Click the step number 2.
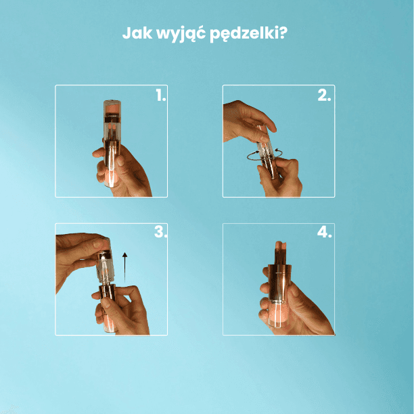pos(324,96)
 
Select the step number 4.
pos(324,233)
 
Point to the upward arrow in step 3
pos(125,260)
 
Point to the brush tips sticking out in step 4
pos(280,249)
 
